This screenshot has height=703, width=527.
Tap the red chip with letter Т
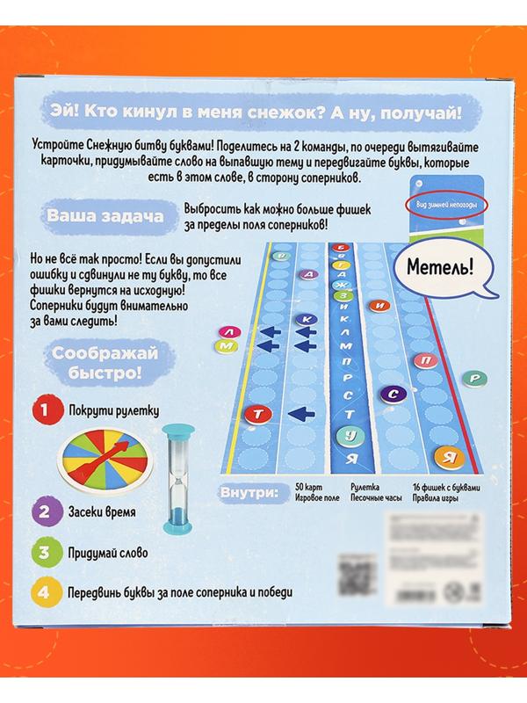258,412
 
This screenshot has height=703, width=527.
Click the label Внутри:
246,492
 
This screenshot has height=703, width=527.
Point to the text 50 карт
309,484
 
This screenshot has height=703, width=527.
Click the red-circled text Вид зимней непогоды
444,205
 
